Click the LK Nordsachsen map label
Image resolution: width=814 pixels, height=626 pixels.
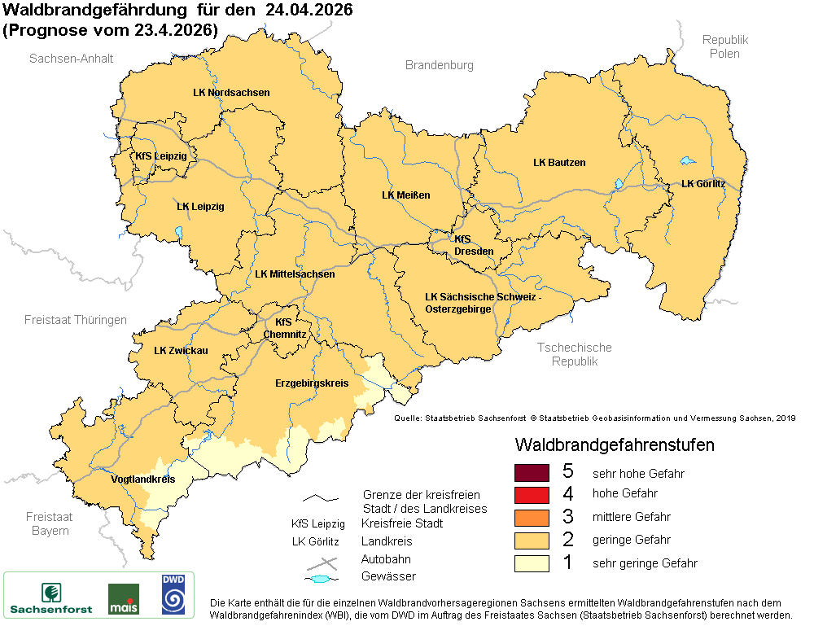point(231,93)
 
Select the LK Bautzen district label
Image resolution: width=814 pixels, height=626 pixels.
point(559,163)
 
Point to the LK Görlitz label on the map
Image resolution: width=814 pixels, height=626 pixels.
point(702,184)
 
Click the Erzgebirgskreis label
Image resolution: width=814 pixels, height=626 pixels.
point(312,383)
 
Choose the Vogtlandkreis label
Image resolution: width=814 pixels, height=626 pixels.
point(142,479)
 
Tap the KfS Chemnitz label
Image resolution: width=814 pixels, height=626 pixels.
point(284,328)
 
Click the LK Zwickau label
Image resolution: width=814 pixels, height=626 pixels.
point(181,351)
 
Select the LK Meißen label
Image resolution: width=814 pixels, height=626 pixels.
point(405,195)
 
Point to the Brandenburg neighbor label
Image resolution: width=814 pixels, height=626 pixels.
point(439,65)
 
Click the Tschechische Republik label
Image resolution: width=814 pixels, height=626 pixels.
point(574,354)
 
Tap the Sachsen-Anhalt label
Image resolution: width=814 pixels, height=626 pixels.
point(71,59)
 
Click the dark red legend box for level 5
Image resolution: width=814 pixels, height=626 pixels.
point(532,472)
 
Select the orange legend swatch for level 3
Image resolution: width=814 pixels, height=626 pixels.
point(532,517)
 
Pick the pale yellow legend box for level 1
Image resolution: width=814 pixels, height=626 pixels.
point(532,563)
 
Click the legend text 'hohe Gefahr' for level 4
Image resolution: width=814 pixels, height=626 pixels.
point(624,493)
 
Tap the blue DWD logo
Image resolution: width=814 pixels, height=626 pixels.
point(172,594)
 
